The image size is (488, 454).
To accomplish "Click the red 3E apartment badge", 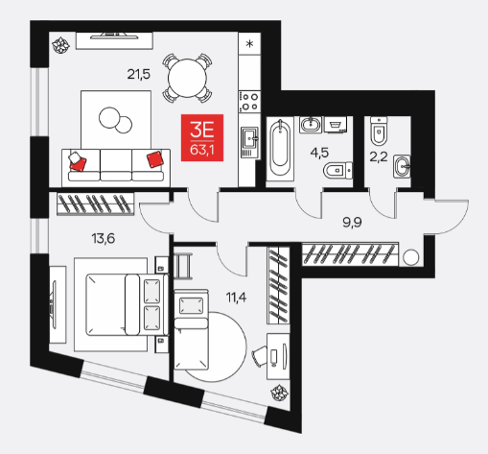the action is [202, 137].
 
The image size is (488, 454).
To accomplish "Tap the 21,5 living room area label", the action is [139, 75].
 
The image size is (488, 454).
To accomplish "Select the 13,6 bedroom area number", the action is [104, 239].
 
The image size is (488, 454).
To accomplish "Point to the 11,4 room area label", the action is [237, 298].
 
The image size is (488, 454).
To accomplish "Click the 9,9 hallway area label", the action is [352, 222].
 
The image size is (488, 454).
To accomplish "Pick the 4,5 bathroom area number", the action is [319, 153].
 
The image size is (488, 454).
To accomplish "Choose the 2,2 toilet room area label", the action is [379, 157].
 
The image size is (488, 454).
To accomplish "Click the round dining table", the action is [187, 78].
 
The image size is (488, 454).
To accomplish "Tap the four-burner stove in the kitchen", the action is [249, 101].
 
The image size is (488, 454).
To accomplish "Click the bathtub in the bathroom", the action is [280, 148].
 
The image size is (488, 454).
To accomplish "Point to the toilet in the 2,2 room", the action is [379, 131].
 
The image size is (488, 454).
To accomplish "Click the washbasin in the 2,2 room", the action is [402, 166].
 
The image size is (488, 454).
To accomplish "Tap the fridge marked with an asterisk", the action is [249, 43].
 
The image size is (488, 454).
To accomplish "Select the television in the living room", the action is [114, 36].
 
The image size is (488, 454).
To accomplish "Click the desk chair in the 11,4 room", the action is [261, 355].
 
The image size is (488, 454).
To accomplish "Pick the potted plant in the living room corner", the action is [60, 45].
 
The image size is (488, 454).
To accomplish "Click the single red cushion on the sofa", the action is [155, 159].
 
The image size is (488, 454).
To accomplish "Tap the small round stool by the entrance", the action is [410, 257].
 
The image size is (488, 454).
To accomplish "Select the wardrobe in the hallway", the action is [350, 254].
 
